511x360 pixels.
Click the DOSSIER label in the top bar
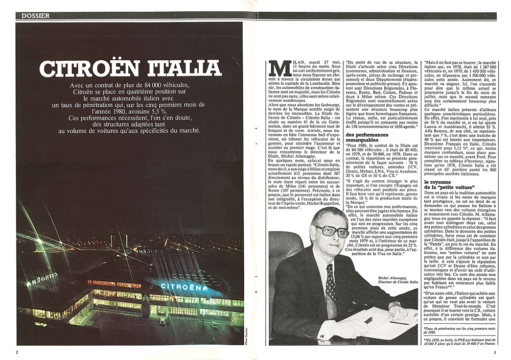(36, 16)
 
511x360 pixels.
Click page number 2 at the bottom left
(17, 352)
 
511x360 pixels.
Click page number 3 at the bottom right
(494, 352)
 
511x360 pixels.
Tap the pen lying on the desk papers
(368, 319)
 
